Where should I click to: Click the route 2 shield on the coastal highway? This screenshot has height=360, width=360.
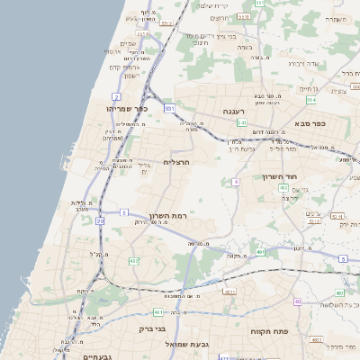tap(116, 95)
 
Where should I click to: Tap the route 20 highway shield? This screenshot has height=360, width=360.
tap(100, 220)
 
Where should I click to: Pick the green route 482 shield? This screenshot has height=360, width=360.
tap(134, 261)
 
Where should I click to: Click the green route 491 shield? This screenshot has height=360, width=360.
tap(260, 253)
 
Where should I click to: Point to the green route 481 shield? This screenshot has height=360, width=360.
tap(159, 311)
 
